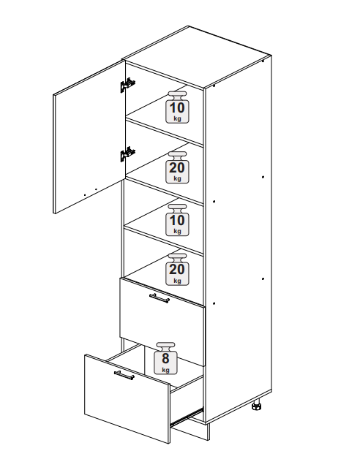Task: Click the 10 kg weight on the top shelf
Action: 178,107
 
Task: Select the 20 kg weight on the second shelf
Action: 178,167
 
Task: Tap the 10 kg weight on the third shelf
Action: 178,220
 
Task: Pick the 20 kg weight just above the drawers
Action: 178,269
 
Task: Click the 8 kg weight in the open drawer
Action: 165,358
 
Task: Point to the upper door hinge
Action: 128,86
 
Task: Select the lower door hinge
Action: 128,154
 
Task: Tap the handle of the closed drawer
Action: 160,298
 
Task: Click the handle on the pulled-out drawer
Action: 124,375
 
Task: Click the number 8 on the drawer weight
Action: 165,358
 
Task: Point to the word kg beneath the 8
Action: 165,370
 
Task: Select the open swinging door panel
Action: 89,137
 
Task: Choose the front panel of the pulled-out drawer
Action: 127,399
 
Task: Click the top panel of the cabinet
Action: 197,57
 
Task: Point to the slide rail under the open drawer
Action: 187,416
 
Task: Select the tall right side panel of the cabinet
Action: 239,237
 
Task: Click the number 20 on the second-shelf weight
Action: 177,168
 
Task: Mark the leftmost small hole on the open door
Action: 85,195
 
